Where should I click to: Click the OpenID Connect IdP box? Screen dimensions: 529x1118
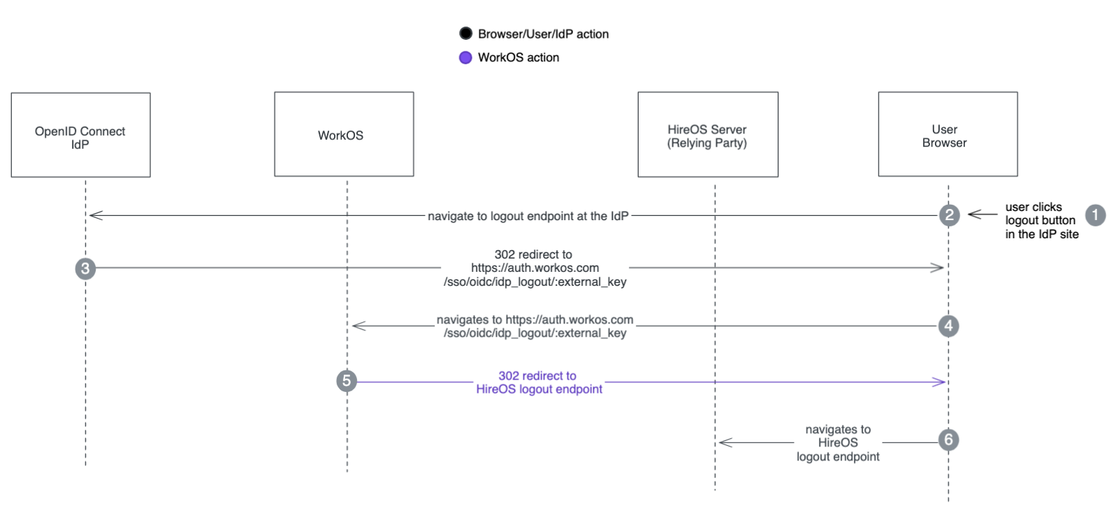point(80,135)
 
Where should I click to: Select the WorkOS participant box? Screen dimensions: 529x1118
point(344,134)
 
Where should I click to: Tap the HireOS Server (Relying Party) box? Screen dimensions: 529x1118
point(707,134)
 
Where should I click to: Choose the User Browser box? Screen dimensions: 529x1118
point(947,134)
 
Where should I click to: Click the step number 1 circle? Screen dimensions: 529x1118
point(1095,215)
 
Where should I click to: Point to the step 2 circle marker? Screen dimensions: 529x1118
point(949,215)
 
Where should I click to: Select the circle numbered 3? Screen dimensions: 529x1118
point(85,268)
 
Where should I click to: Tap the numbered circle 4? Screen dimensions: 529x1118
point(948,326)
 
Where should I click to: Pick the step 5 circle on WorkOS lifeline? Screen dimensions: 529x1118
point(347,381)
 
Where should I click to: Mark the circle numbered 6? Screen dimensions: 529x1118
point(948,440)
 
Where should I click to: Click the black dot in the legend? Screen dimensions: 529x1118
point(465,34)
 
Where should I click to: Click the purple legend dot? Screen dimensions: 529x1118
point(465,57)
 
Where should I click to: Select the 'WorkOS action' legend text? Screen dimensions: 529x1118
point(518,57)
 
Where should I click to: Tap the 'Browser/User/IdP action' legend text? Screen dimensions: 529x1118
point(543,34)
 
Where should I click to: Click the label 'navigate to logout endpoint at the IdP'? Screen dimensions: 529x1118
point(528,216)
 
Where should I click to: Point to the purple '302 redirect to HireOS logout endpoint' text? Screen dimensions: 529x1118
point(538,382)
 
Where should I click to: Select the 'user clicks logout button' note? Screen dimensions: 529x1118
point(1041,220)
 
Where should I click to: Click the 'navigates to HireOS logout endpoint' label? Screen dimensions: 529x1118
point(838,442)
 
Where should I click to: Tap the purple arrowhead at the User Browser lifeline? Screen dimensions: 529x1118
point(940,382)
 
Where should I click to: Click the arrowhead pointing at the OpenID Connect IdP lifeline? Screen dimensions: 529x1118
point(95,215)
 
